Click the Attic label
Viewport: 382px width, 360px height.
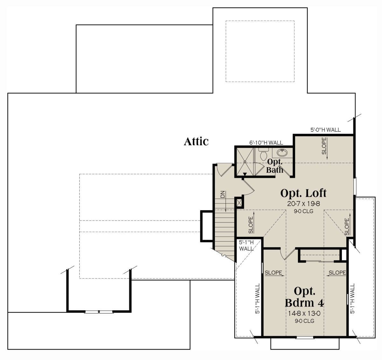click(196, 142)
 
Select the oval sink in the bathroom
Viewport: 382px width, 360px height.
click(282, 153)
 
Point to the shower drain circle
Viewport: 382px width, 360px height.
click(245, 162)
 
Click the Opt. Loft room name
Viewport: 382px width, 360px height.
click(303, 193)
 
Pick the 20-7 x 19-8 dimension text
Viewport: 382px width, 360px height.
click(303, 204)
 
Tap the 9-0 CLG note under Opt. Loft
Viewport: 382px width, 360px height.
click(303, 211)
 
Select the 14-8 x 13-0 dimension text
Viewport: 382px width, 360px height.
click(304, 319)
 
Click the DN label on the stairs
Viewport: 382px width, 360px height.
click(223, 194)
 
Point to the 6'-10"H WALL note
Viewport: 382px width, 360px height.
click(266, 143)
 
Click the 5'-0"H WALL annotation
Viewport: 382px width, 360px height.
click(325, 130)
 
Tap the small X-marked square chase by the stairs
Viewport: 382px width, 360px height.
click(239, 203)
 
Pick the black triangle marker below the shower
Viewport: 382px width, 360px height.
click(245, 174)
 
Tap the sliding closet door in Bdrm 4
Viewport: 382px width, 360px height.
click(320, 261)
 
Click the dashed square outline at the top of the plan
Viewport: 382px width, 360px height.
click(260, 51)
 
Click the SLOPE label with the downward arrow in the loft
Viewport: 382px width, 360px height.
click(325, 148)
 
